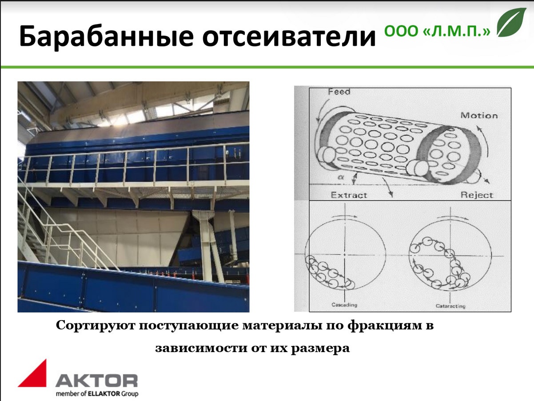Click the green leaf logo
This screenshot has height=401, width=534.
[x=511, y=22]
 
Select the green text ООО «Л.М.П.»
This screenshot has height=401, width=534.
[x=437, y=31]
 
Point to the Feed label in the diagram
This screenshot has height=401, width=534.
[x=339, y=92]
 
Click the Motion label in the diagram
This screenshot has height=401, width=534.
[x=479, y=116]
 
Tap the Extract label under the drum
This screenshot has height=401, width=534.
[x=349, y=195]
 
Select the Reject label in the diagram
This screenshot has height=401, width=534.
[x=477, y=195]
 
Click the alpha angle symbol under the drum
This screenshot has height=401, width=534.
[x=341, y=177]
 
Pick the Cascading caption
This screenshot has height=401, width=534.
[x=344, y=305]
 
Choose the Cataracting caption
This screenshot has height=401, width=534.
[x=450, y=306]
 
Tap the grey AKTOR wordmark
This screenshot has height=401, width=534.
[x=96, y=380]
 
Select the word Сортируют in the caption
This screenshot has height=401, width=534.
[x=96, y=326]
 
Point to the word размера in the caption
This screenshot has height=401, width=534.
[x=320, y=349]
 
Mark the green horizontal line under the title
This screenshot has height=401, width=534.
[x=267, y=67]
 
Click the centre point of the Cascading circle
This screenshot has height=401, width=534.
[x=345, y=255]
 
